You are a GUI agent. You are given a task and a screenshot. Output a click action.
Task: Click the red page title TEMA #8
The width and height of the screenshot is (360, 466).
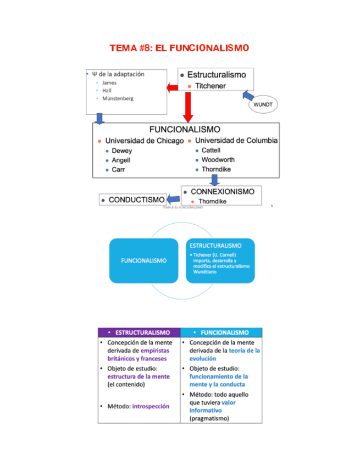click(179, 48)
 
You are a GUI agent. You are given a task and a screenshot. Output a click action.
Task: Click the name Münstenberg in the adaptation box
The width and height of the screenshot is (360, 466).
click(118, 99)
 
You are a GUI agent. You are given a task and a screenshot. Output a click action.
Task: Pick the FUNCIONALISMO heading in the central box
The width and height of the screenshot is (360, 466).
click(185, 130)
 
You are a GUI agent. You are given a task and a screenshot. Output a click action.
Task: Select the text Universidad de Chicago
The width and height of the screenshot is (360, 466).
click(144, 141)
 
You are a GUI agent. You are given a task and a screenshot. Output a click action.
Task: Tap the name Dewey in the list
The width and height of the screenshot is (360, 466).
click(121, 151)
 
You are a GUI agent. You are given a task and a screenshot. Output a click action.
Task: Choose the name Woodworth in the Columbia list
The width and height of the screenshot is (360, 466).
click(216, 160)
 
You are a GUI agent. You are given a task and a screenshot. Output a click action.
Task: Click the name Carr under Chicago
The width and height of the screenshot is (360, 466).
click(118, 170)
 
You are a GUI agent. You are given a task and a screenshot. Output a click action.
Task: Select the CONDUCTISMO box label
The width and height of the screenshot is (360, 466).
click(136, 200)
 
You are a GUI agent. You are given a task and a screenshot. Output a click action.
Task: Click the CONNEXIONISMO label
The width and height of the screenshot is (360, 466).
click(222, 192)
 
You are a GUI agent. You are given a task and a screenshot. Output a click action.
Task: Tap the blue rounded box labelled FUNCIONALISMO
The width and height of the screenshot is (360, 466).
click(143, 260)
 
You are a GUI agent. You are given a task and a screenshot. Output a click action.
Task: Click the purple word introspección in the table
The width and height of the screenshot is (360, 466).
click(151, 406)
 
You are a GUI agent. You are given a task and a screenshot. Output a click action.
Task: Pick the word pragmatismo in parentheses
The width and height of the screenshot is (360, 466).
click(209, 418)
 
